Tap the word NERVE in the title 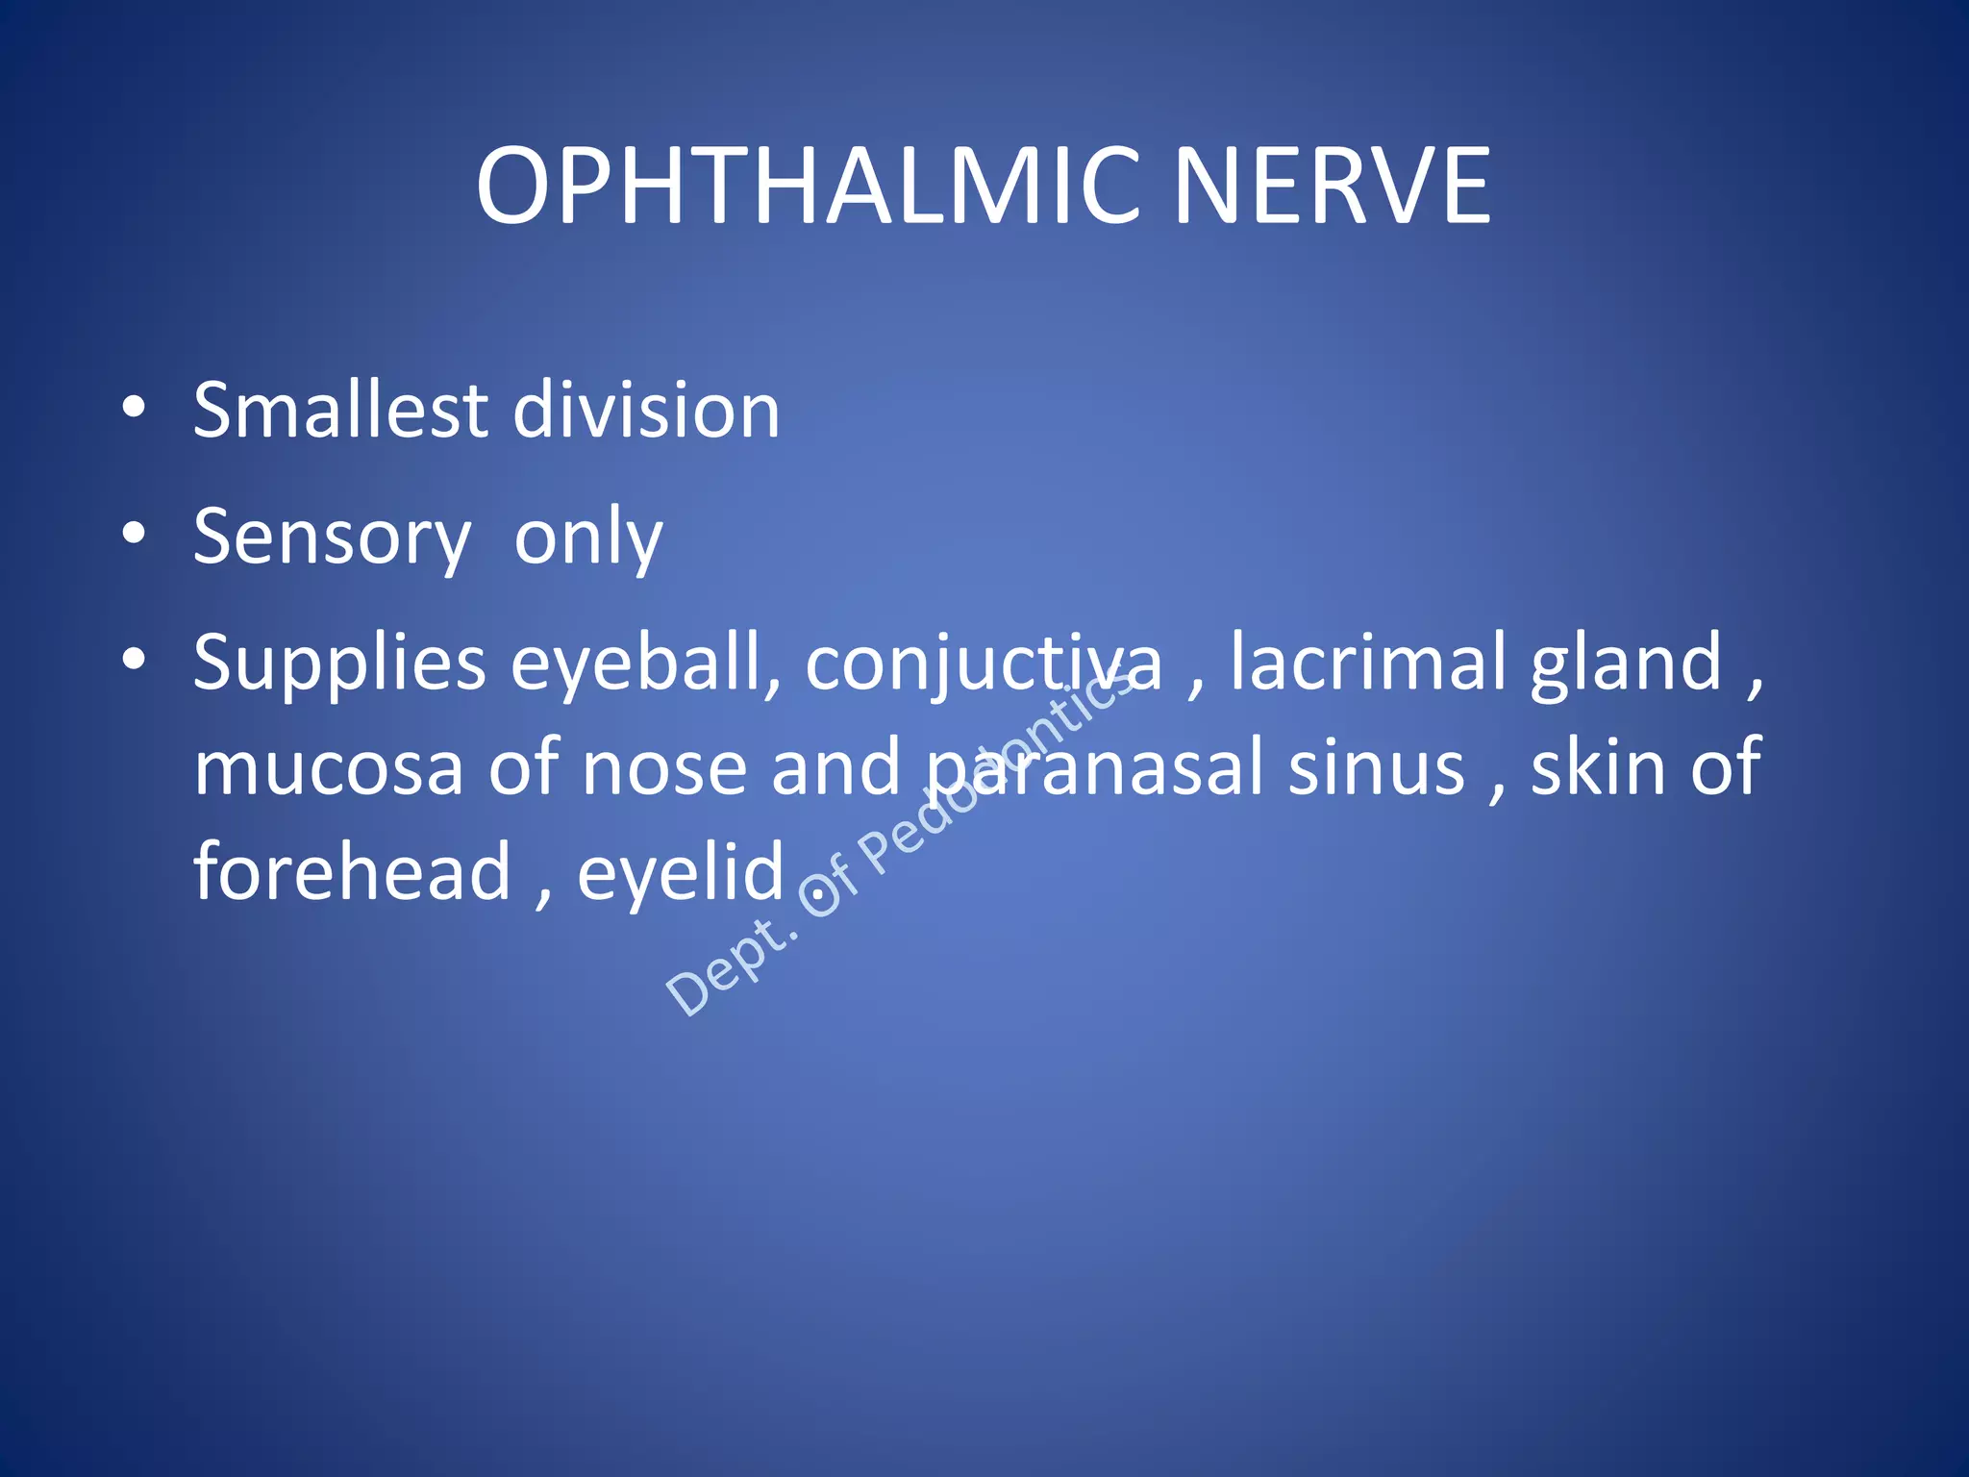[x=1332, y=186]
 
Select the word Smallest [x=340, y=411]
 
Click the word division [x=646, y=411]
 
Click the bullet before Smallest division [x=134, y=408]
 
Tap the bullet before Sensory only [x=134, y=534]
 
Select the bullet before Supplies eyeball [x=134, y=660]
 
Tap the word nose [x=664, y=769]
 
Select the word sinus [x=1376, y=769]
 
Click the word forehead [x=352, y=872]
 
